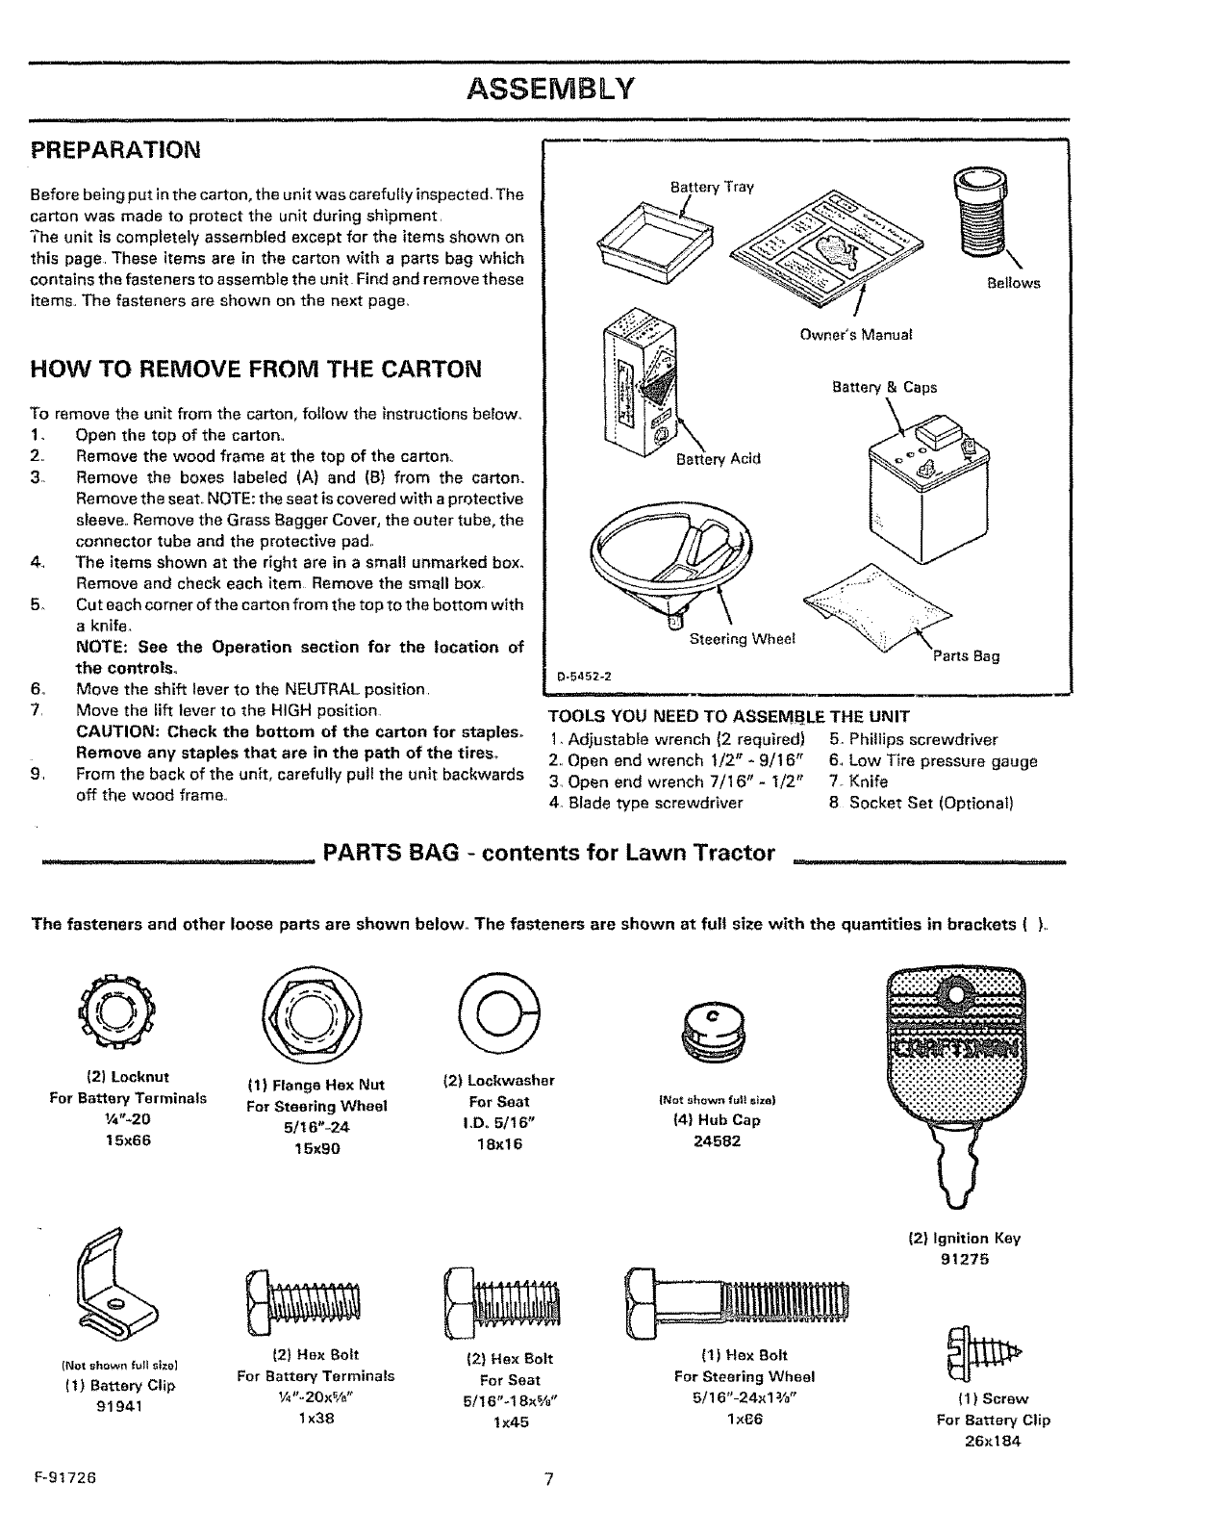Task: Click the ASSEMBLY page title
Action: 549,90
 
